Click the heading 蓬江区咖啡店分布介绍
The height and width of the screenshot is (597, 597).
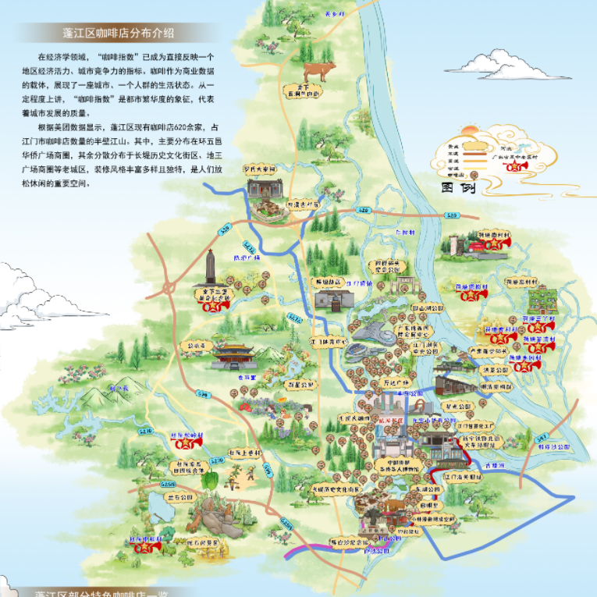click(117, 33)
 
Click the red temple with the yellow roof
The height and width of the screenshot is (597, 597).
click(234, 355)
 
